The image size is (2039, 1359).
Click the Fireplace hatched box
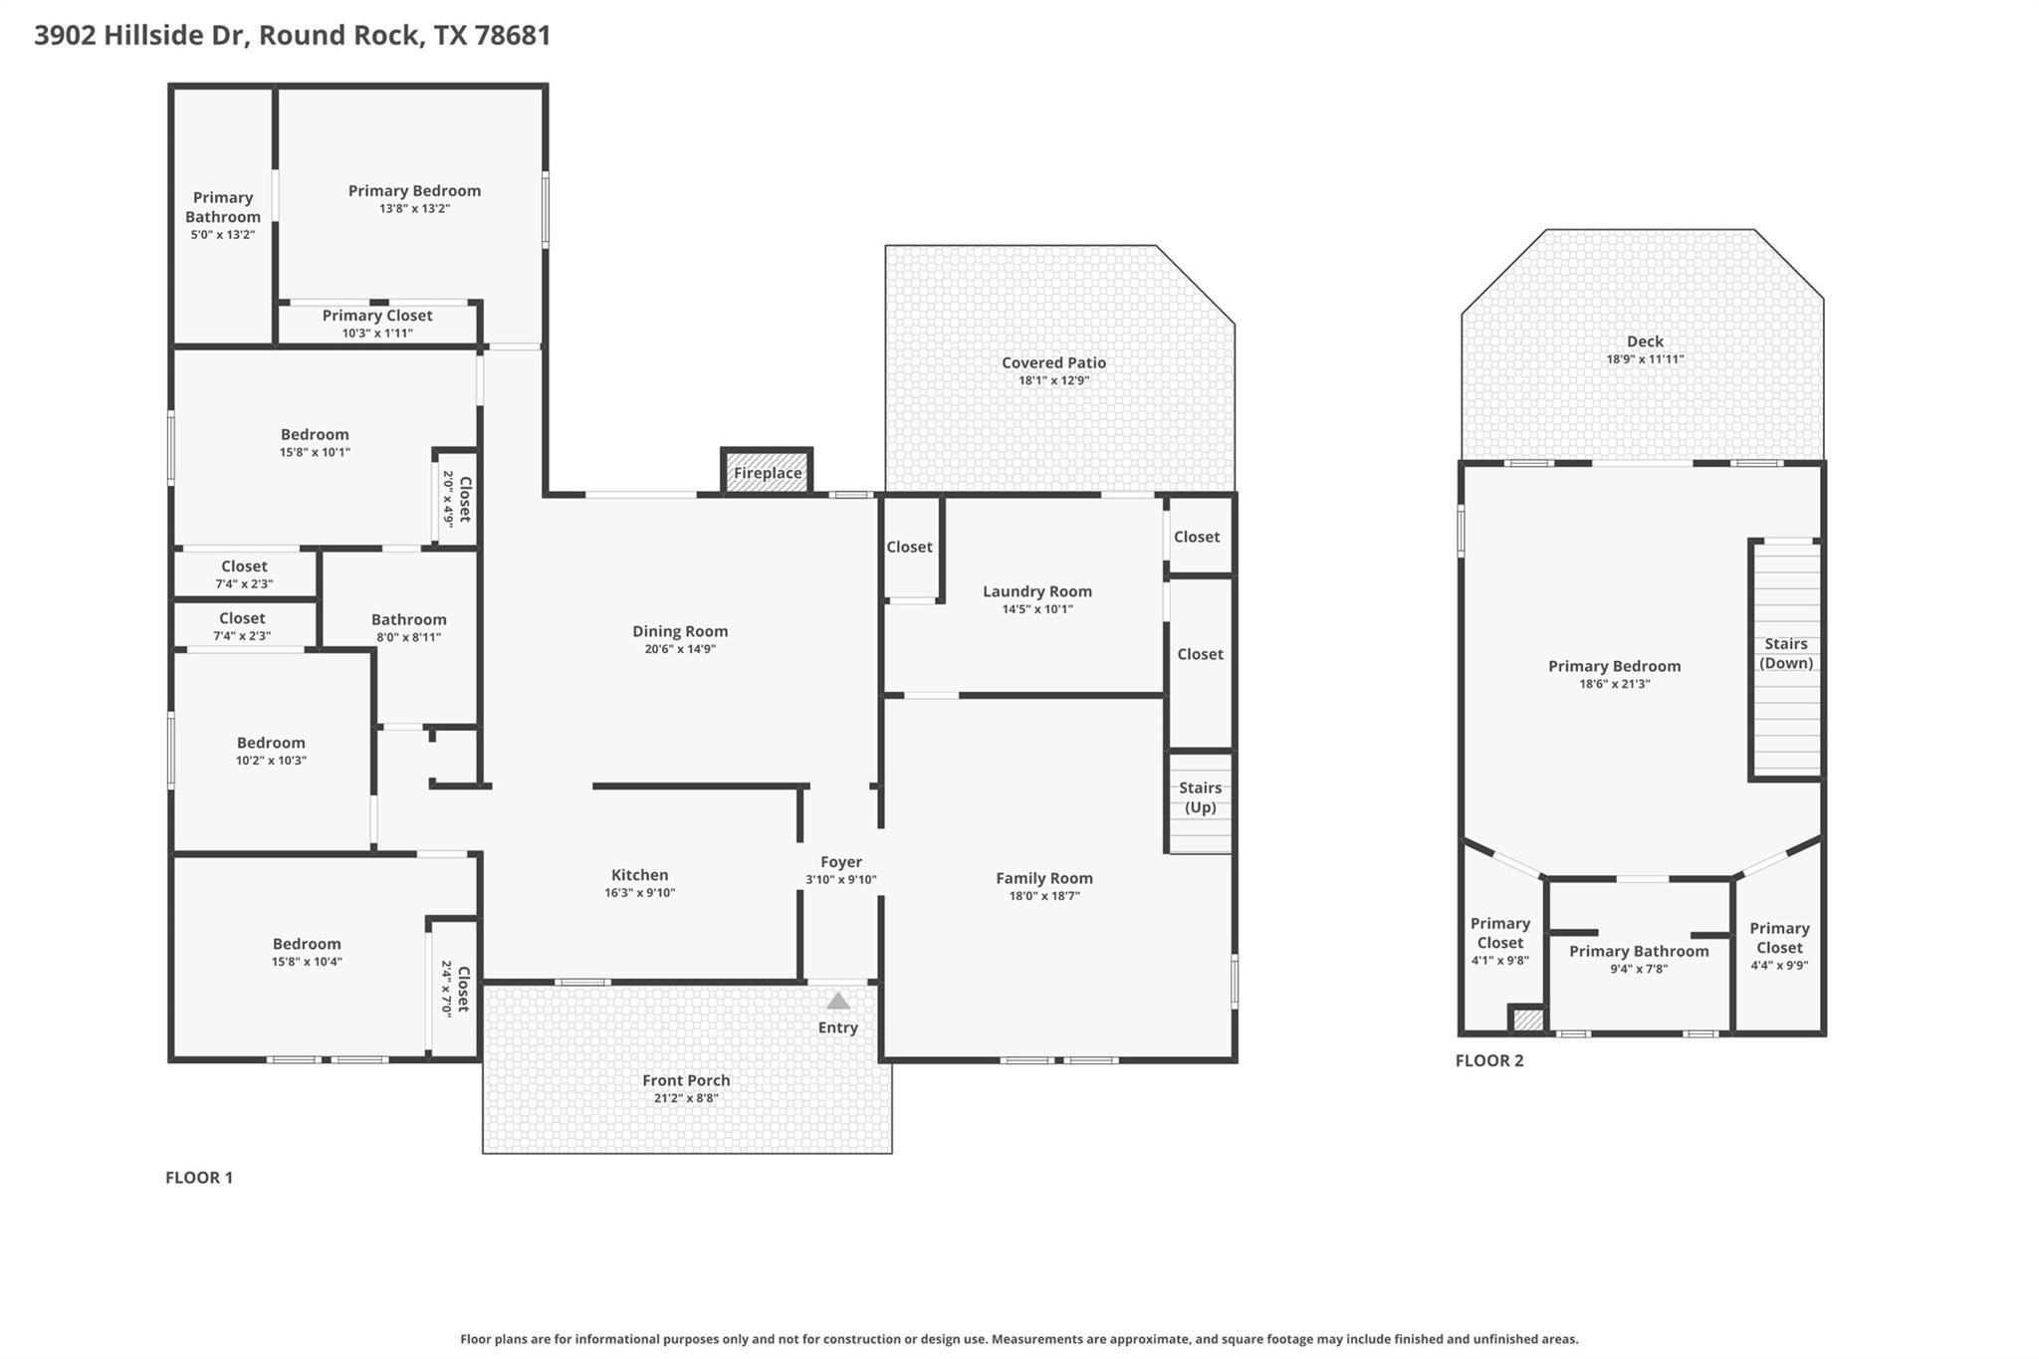tap(767, 472)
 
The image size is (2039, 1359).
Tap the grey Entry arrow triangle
tap(838, 1001)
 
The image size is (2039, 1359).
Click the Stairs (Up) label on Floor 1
tap(1200, 796)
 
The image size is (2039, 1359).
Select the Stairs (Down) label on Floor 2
tap(1785, 653)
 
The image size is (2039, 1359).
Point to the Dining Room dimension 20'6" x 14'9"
tap(680, 649)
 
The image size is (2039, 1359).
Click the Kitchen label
tap(639, 875)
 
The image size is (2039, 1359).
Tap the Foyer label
tap(840, 862)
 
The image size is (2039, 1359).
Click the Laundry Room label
tap(1036, 591)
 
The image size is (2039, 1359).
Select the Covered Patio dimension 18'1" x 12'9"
tap(1053, 380)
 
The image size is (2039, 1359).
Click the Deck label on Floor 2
tap(1645, 341)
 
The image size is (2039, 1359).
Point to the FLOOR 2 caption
tap(1488, 1060)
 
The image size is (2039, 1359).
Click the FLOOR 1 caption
tap(198, 1178)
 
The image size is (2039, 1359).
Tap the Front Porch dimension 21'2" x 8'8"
tap(686, 1098)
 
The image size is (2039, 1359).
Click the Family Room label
tap(1043, 878)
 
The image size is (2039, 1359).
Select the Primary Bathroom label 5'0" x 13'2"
tap(223, 215)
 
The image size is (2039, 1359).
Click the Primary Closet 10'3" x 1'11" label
tap(376, 323)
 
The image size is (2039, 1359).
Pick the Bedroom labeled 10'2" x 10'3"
tap(271, 751)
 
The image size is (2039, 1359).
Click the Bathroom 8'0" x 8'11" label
tap(408, 627)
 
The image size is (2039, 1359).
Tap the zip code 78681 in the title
tap(513, 35)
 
